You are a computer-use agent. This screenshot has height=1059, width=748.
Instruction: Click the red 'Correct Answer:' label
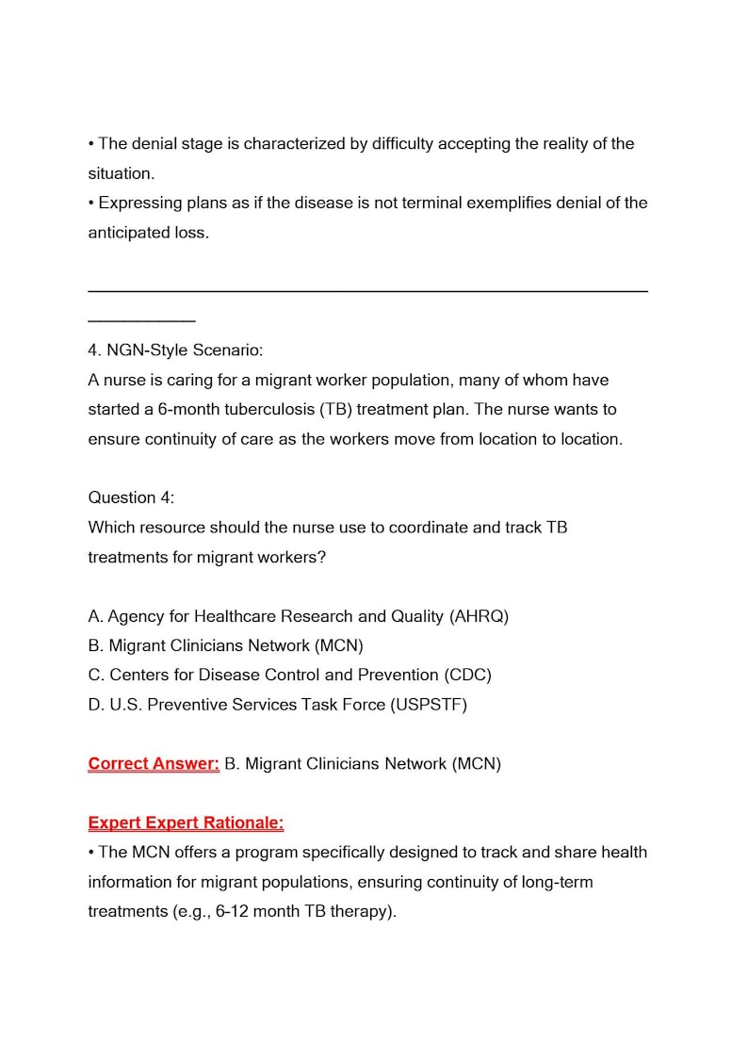click(x=154, y=763)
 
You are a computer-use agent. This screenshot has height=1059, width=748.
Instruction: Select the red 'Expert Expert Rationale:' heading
click(x=186, y=823)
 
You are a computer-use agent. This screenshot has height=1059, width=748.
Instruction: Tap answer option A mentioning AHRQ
click(x=298, y=616)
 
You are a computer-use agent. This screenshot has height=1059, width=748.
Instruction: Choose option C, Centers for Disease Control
click(x=289, y=675)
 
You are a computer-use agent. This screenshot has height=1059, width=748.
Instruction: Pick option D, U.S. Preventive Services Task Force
click(x=277, y=704)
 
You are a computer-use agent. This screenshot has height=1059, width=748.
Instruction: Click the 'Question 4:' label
click(x=131, y=497)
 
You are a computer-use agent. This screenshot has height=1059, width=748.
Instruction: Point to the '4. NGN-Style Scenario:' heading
click(x=175, y=350)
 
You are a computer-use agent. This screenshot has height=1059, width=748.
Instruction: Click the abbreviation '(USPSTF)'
click(x=429, y=704)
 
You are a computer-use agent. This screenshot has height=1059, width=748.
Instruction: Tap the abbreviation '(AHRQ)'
click(x=480, y=616)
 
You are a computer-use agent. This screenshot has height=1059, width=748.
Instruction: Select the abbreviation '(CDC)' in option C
click(x=468, y=675)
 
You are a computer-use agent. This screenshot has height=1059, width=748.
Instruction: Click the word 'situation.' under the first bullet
click(x=122, y=173)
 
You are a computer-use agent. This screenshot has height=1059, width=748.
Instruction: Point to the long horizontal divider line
click(x=367, y=291)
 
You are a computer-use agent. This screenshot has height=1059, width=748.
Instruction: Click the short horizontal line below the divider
click(x=141, y=321)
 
